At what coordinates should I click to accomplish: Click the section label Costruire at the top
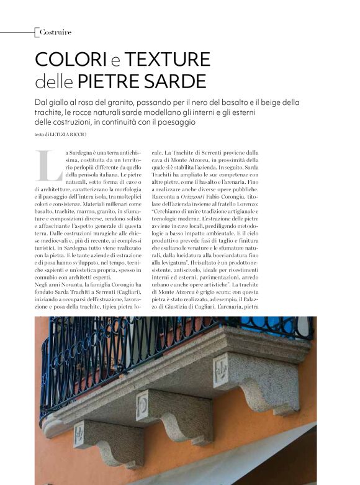point(55,32)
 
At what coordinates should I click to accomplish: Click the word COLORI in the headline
point(71,60)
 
